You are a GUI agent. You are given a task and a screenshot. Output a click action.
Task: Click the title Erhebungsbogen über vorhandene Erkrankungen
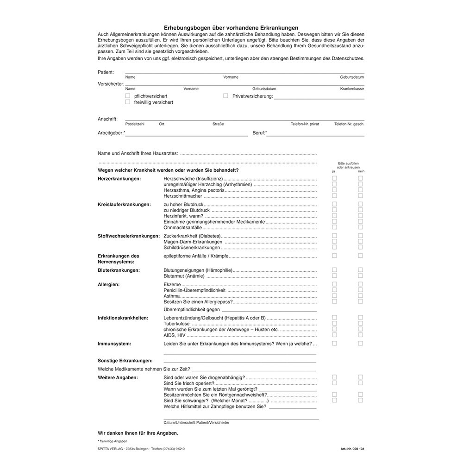(231, 28)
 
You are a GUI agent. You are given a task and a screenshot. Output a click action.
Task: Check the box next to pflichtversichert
(128, 96)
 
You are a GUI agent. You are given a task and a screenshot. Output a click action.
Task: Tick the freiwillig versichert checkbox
(128, 102)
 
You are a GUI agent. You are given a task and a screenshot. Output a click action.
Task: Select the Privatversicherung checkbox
(226, 96)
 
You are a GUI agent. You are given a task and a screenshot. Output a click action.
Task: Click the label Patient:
(106, 72)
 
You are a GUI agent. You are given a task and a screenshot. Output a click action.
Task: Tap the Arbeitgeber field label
(111, 133)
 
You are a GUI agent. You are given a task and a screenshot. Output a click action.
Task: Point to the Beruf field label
(259, 133)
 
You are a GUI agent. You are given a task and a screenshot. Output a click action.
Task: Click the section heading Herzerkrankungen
(119, 178)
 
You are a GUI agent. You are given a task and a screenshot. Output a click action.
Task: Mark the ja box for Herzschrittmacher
(334, 196)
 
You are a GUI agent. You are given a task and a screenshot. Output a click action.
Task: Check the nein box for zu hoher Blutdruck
(360, 204)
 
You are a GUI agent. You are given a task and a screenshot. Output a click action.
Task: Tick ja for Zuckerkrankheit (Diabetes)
(334, 236)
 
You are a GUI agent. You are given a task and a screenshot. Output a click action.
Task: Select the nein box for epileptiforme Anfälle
(360, 256)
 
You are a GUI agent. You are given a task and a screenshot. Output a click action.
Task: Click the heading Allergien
(109, 284)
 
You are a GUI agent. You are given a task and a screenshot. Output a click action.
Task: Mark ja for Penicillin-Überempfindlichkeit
(334, 290)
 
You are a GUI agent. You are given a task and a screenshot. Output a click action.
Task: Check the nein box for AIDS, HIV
(360, 335)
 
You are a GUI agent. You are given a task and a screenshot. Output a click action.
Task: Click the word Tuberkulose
(176, 324)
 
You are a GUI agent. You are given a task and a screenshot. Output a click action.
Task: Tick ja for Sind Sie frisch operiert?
(334, 383)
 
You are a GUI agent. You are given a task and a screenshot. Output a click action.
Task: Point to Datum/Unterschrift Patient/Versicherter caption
(196, 423)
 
